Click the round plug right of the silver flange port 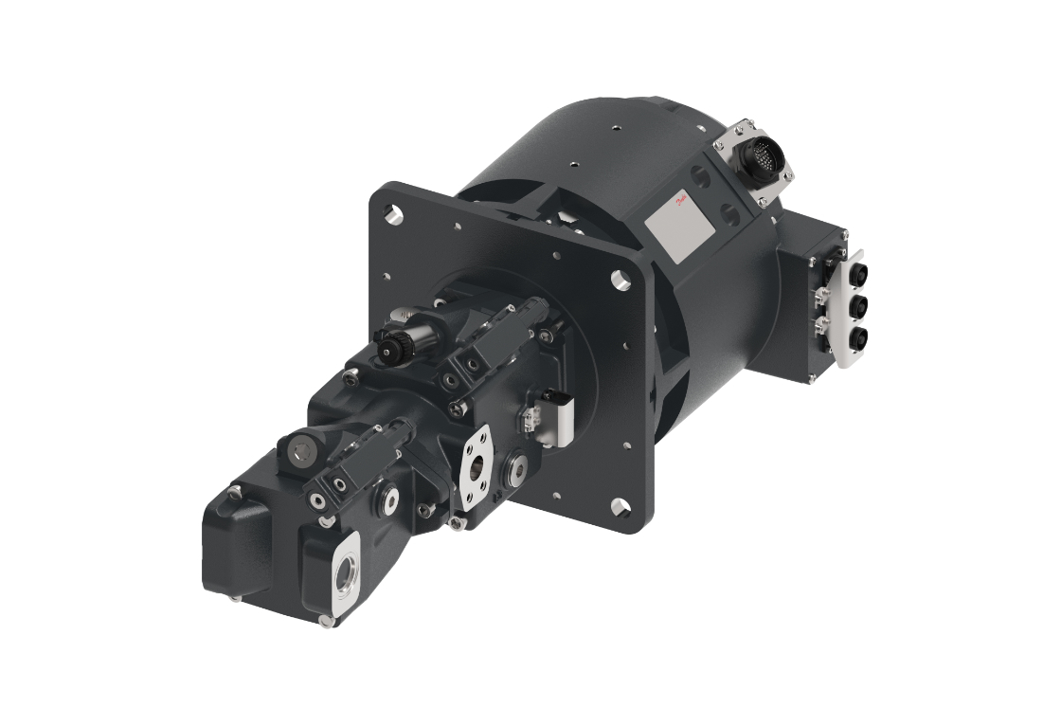coord(520,467)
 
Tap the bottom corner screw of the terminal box coord(812,380)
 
